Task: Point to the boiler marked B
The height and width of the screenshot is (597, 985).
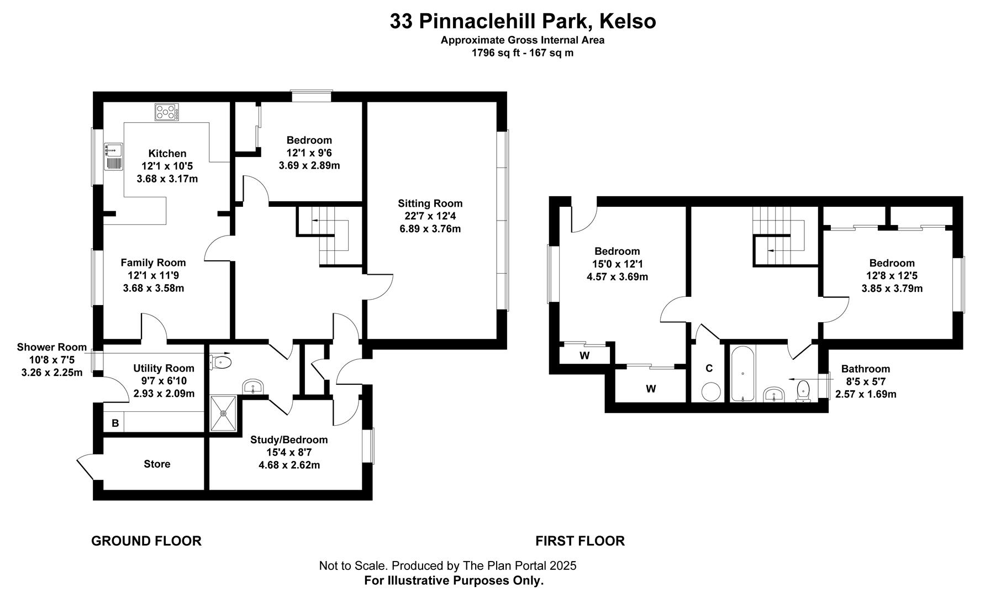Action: [115, 423]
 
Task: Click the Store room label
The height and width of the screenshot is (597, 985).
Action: [157, 464]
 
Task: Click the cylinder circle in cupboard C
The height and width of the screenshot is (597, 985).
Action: [711, 391]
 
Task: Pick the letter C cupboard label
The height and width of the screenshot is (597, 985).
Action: [709, 368]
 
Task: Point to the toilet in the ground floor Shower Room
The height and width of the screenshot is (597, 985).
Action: [221, 362]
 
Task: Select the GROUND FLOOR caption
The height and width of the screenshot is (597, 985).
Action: [146, 541]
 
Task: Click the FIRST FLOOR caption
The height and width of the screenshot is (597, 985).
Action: [580, 541]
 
